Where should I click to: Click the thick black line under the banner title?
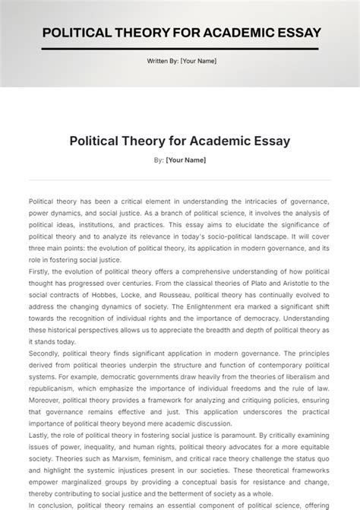[180, 49]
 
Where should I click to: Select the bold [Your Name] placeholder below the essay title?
[185, 160]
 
